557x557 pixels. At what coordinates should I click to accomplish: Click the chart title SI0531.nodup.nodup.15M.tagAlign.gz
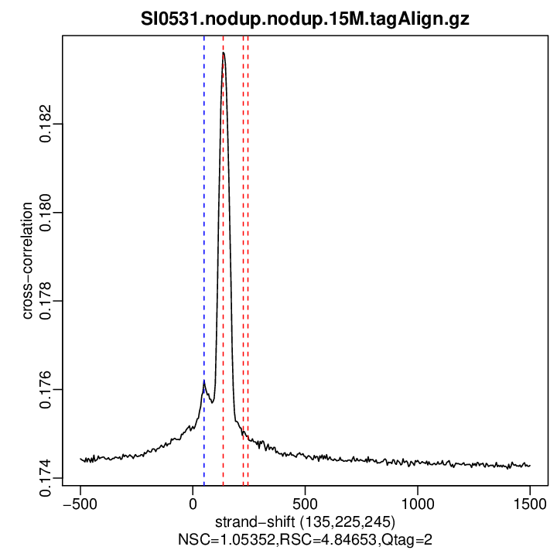tap(305, 19)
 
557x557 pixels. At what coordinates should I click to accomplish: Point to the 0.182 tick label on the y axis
tap(48, 124)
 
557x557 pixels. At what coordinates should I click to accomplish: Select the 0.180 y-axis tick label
tap(48, 212)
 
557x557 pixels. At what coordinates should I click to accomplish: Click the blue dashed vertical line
tap(204, 232)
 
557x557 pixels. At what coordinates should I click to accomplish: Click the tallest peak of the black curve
tap(224, 53)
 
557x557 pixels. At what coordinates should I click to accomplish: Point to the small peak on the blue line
tap(204, 381)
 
